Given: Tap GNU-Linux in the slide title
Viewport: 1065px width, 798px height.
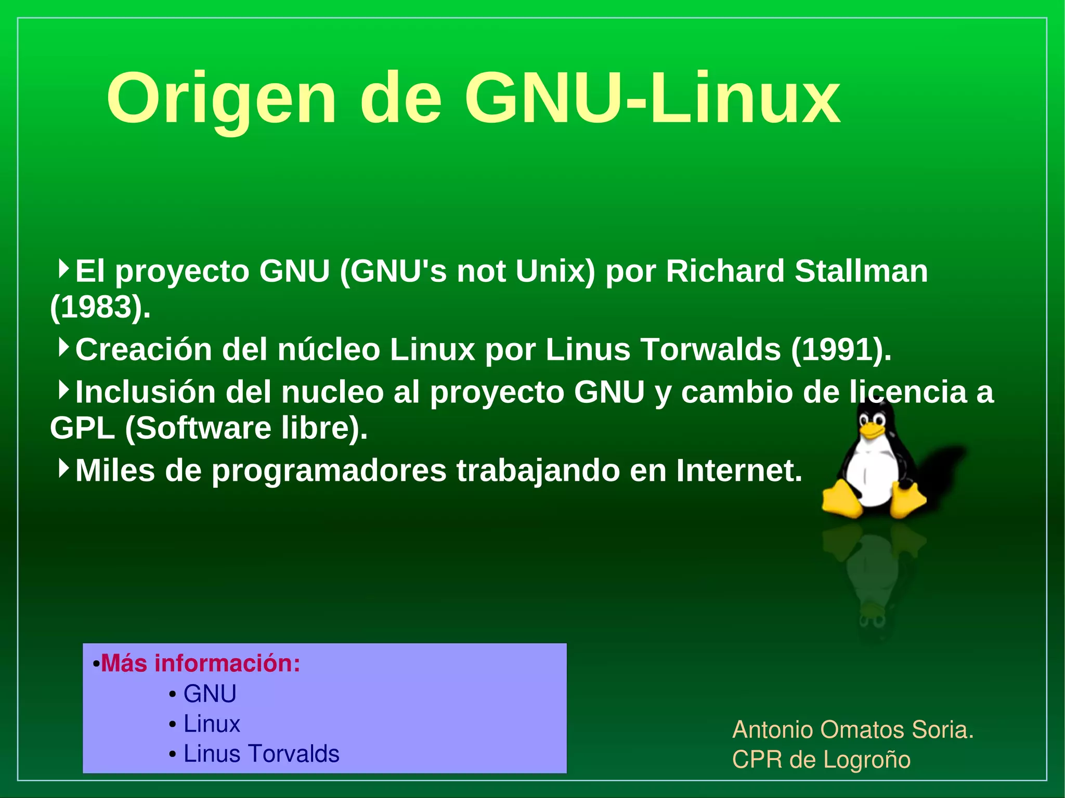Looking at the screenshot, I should click(x=652, y=99).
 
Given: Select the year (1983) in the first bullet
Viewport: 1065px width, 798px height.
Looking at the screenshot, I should click(x=100, y=307).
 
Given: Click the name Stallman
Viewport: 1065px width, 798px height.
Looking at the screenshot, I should click(x=861, y=271).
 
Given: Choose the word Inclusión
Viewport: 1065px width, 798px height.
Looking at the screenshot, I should click(x=145, y=392).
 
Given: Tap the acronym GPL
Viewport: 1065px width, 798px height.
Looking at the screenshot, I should click(x=82, y=428).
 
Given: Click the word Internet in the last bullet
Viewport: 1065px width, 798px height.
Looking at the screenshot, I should click(x=739, y=470).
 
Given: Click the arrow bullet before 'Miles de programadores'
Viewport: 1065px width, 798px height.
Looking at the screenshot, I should click(x=63, y=468).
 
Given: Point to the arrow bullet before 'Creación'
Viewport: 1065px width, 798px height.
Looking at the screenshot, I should click(x=63, y=347).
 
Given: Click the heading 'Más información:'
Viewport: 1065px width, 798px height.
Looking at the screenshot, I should click(x=200, y=664).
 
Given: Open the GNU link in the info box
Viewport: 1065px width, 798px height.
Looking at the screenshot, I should click(x=210, y=694).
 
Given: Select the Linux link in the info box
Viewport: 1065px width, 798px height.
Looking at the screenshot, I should click(x=212, y=724).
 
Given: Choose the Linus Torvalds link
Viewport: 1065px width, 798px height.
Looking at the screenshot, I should click(x=261, y=754).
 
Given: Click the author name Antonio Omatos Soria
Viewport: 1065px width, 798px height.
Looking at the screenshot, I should click(x=852, y=730).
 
